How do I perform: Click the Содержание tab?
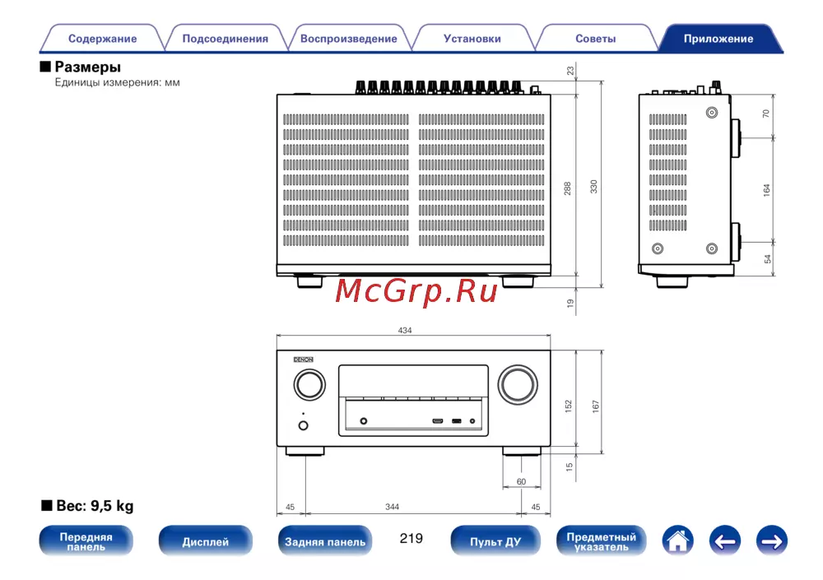pos(102,39)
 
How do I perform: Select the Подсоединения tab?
pos(226,39)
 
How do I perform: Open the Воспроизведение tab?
pos(348,39)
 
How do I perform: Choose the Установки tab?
pos(472,39)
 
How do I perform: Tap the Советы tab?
pos(595,39)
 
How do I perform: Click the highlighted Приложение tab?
pos(718,39)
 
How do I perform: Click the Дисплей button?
pos(205,541)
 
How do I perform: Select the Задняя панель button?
pos(325,541)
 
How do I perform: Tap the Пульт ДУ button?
pos(495,541)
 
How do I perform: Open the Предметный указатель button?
pos(601,541)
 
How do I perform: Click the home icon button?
pos(677,541)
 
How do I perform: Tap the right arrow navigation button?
pos(772,541)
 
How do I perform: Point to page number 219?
pos(411,538)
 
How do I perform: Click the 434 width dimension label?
pos(405,330)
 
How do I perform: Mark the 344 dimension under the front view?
pos(392,507)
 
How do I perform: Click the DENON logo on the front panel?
pos(304,360)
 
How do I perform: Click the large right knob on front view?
pos(518,384)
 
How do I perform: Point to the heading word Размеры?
pos(88,67)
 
